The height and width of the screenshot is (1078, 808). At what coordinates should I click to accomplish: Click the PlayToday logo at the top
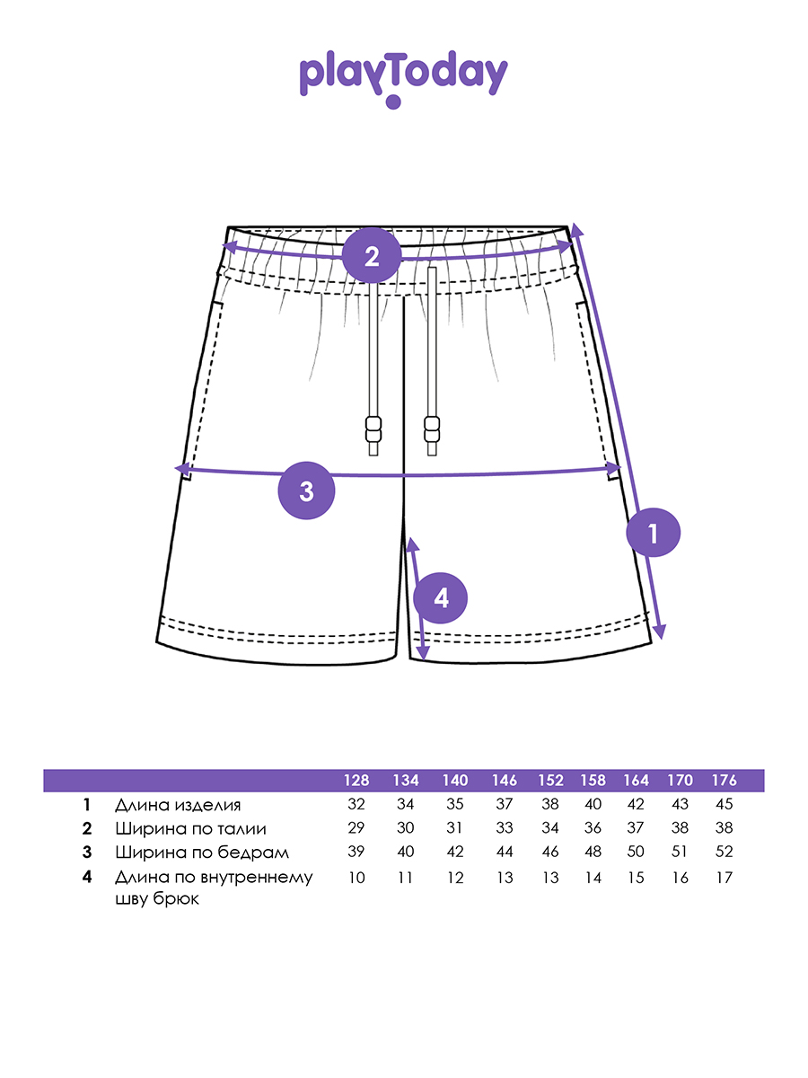pyautogui.click(x=403, y=77)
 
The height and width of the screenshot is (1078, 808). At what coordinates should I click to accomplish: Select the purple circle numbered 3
pyautogui.click(x=306, y=490)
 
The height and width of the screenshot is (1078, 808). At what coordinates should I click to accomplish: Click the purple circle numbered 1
pyautogui.click(x=653, y=534)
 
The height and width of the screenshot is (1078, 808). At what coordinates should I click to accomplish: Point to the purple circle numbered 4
pyautogui.click(x=440, y=597)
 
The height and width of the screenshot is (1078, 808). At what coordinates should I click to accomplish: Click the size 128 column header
pyautogui.click(x=356, y=780)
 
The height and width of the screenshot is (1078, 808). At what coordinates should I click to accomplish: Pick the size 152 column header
pyautogui.click(x=549, y=780)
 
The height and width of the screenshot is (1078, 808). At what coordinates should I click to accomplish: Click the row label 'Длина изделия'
pyautogui.click(x=178, y=805)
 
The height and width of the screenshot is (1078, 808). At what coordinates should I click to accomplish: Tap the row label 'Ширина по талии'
pyautogui.click(x=190, y=828)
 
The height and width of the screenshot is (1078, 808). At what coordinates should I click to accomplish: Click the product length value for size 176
pyautogui.click(x=724, y=805)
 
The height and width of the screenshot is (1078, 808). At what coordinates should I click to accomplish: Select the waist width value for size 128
pyautogui.click(x=356, y=828)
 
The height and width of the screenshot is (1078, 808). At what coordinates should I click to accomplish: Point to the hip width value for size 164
pyautogui.click(x=636, y=852)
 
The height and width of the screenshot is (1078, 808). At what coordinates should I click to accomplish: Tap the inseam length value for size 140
pyautogui.click(x=455, y=878)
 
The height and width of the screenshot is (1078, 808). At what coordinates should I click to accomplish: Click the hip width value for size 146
pyautogui.click(x=505, y=852)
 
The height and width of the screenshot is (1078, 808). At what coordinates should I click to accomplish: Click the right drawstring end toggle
pyautogui.click(x=433, y=430)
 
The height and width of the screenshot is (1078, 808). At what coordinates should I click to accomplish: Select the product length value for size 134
pyautogui.click(x=405, y=805)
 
